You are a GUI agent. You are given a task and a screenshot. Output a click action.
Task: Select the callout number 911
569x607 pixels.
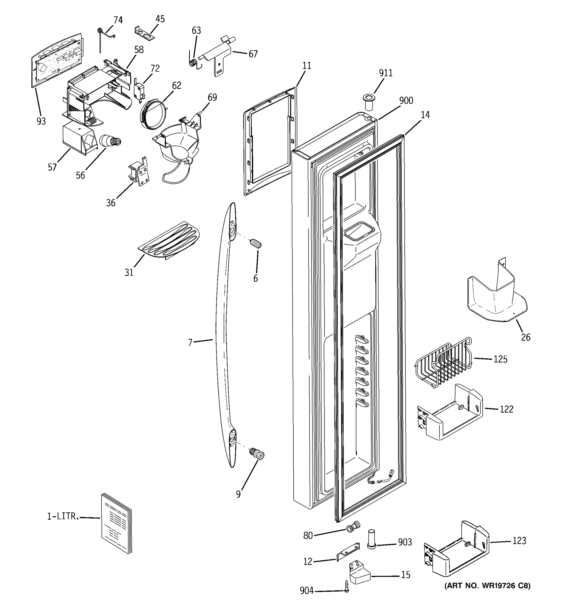pyautogui.click(x=386, y=73)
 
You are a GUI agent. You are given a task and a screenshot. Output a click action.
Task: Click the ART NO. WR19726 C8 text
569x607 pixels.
pyautogui.click(x=488, y=586)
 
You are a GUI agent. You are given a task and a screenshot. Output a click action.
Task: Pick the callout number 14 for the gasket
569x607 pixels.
pyautogui.click(x=425, y=115)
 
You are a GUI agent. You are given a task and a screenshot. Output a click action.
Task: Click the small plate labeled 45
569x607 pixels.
pyautogui.click(x=144, y=33)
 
